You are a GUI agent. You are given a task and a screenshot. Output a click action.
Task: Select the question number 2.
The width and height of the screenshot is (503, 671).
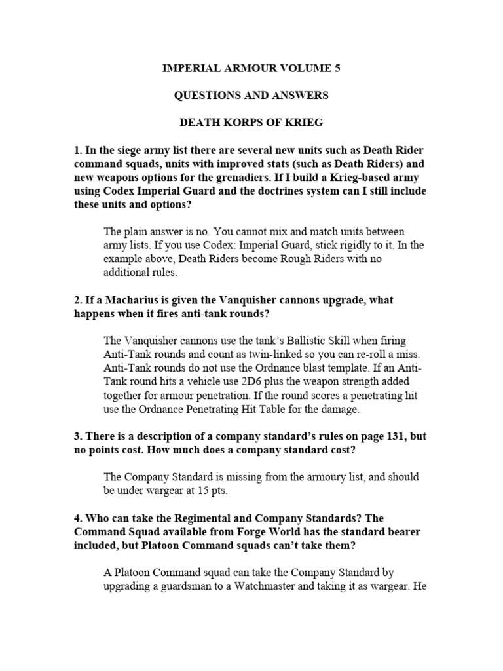(78, 300)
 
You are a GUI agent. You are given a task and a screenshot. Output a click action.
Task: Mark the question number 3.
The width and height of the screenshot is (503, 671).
(78, 437)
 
